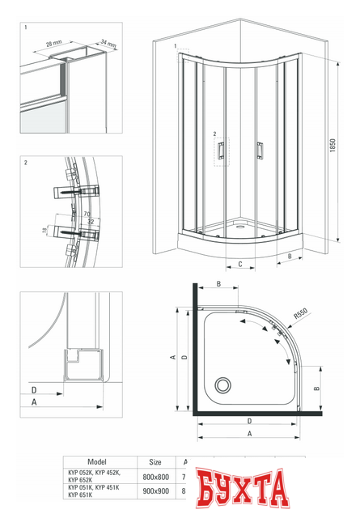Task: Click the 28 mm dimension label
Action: point(54,41)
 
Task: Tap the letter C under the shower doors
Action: point(240,264)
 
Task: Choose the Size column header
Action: point(156,461)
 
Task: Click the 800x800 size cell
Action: point(156,478)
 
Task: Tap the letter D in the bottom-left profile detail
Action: point(34,391)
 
